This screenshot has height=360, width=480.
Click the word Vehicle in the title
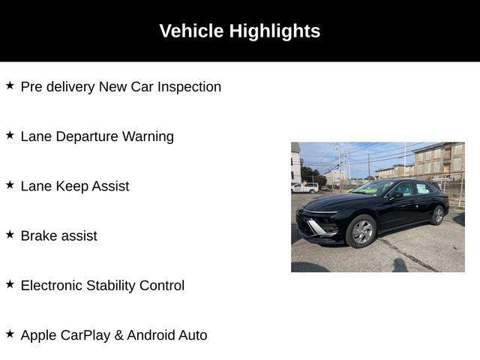[x=191, y=31]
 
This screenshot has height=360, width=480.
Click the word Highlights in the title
[x=274, y=31]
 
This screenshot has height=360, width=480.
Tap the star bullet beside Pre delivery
[x=10, y=85]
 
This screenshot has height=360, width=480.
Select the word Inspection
[x=189, y=87]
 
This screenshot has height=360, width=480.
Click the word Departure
[x=87, y=136]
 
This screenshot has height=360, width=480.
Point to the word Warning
[x=148, y=136]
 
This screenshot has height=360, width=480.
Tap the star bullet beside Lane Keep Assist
[x=10, y=185]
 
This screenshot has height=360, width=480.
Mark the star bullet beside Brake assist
[x=10, y=235]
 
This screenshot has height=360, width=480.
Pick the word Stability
[x=111, y=286]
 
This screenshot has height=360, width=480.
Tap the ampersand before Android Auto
[x=118, y=335]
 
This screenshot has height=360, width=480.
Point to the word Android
[x=151, y=335]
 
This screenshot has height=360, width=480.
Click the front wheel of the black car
[x=361, y=231]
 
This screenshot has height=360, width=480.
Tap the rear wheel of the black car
[x=438, y=215]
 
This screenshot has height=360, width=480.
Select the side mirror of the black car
[x=396, y=195]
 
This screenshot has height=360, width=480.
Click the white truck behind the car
[x=304, y=187]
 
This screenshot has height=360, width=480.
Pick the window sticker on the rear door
[x=422, y=188]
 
